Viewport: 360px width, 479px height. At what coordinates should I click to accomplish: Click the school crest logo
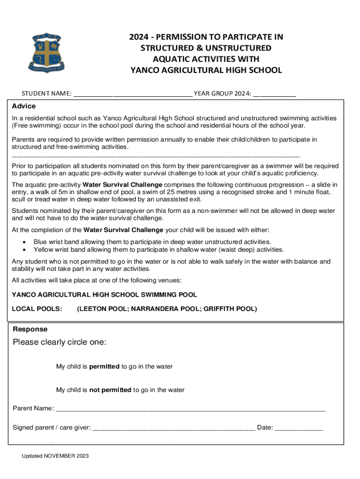(44, 52)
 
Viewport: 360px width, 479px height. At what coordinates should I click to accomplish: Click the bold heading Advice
(24, 106)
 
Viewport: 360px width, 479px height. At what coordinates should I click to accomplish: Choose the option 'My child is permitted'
(114, 367)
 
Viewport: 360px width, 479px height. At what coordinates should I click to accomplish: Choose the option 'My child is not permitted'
(120, 390)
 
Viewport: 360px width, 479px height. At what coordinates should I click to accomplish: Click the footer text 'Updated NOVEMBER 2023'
(55, 456)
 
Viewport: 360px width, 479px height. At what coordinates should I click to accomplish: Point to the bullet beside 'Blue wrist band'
(24, 242)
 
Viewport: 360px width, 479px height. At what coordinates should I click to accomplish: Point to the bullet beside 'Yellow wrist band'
(24, 250)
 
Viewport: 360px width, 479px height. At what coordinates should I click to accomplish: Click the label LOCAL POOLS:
(37, 309)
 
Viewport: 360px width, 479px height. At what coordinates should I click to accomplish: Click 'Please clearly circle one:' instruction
(59, 342)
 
